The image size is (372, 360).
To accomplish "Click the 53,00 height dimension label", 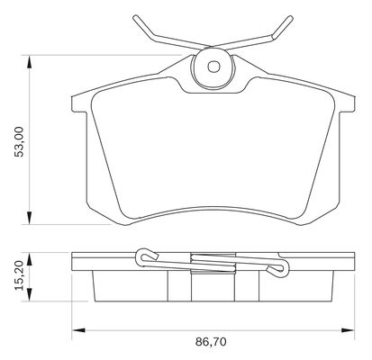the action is (20, 141).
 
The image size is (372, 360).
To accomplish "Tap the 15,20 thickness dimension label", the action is (20, 276).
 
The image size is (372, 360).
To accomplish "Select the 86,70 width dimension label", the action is (211, 342).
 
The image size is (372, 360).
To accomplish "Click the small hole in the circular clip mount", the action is (213, 67).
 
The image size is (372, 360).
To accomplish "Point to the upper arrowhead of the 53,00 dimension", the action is (29, 62).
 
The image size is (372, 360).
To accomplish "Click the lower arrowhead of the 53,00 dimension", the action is (29, 218).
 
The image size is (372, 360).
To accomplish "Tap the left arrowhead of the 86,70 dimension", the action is (78, 330).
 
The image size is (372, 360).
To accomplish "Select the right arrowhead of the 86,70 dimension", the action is (349, 330).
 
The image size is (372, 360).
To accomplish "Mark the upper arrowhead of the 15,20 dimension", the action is (29, 259).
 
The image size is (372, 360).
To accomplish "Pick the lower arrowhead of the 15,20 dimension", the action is (29, 294).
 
